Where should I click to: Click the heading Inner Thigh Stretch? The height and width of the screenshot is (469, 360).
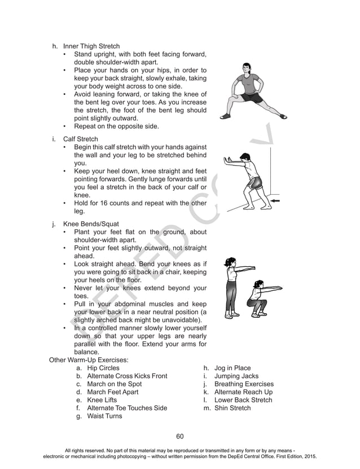tap(91, 46)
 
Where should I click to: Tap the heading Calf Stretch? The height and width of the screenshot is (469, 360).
tap(80, 139)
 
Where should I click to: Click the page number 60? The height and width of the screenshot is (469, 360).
tap(180, 436)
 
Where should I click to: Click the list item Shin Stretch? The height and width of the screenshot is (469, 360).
tap(232, 407)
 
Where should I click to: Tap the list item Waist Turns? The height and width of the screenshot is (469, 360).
tap(104, 416)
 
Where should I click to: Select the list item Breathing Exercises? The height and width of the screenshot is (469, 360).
tap(243, 384)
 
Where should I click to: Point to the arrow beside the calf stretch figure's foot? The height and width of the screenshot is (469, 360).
tap(276, 201)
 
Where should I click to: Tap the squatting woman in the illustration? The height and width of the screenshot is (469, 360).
tap(257, 299)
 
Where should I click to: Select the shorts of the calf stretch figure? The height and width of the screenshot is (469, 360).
tap(256, 183)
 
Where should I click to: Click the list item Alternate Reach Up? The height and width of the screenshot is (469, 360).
tap(243, 392)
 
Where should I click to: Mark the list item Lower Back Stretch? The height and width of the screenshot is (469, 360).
tap(243, 400)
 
